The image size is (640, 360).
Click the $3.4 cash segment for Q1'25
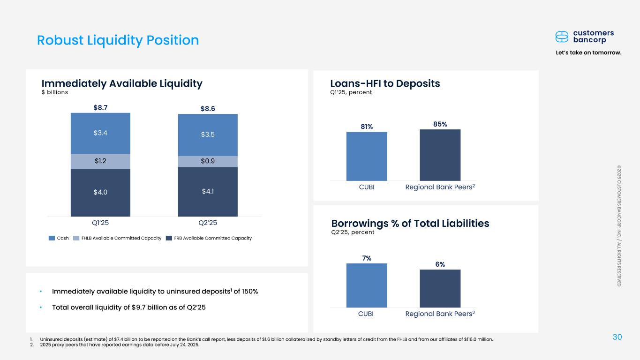[x=100, y=133]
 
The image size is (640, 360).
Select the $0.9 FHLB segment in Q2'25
[x=208, y=161]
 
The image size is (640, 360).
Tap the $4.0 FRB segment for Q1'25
[x=100, y=192]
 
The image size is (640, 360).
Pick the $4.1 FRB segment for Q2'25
[x=208, y=191]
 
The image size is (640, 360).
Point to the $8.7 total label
[x=100, y=107]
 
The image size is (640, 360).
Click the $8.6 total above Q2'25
[x=208, y=109]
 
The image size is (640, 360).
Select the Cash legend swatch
[x=52, y=238]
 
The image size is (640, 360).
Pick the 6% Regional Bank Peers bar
[x=440, y=288]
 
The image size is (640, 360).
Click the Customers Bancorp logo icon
[x=562, y=37]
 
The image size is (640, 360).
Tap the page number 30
[x=617, y=337]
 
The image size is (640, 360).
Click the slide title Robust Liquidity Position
[x=118, y=40]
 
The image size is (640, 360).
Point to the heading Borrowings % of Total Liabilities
[x=410, y=224]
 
